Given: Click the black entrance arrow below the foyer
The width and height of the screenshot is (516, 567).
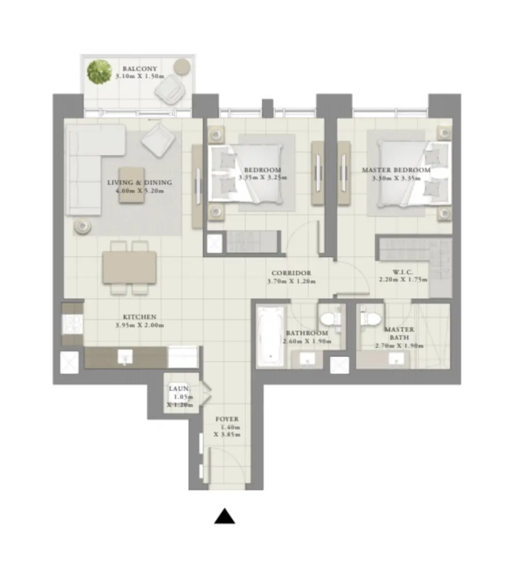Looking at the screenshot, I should click(x=225, y=516).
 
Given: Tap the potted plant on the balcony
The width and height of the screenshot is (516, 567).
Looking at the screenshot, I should click(x=99, y=72).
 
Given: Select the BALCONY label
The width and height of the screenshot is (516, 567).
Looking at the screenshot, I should click(x=139, y=68).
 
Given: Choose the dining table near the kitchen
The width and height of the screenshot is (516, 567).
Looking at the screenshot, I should click(x=129, y=267).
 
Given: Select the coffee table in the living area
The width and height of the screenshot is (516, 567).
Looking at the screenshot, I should click(x=132, y=185).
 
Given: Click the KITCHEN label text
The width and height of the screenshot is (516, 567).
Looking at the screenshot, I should click(x=139, y=316).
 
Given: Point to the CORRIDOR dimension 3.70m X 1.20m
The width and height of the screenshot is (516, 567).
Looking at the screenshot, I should click(x=291, y=281).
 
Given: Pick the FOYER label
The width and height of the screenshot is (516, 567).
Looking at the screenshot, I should click(x=227, y=420).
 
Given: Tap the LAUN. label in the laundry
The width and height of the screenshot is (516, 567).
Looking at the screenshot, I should click(x=180, y=388).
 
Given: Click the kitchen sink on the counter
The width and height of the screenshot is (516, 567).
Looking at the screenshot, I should click(x=125, y=356).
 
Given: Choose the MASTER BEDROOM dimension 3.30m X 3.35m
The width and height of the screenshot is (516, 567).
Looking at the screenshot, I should click(x=396, y=178).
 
